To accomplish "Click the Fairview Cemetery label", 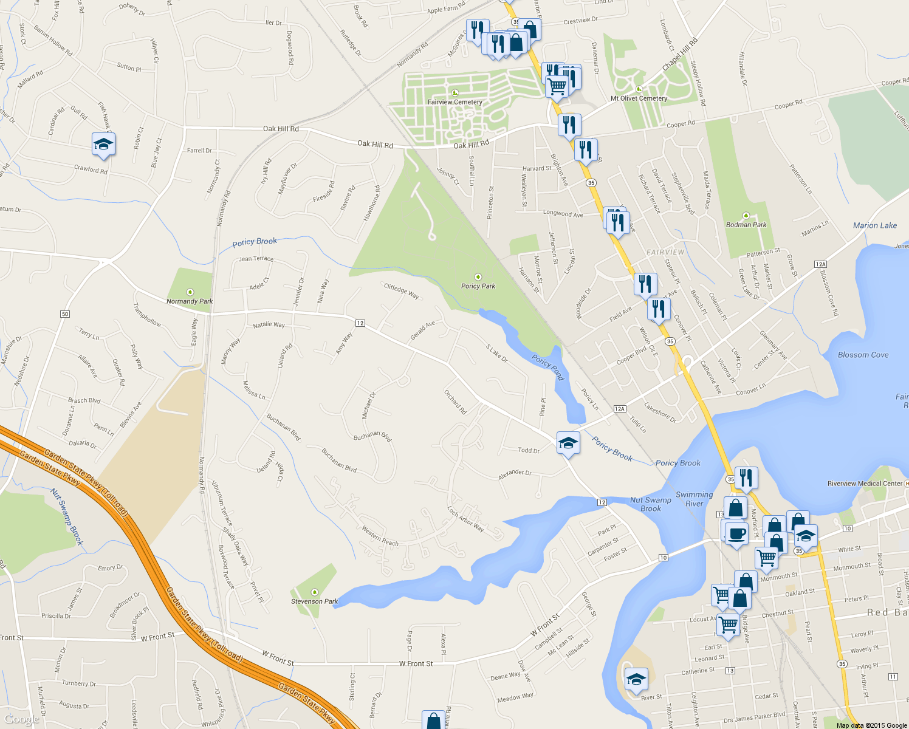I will (455, 102).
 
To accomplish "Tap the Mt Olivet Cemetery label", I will (639, 98).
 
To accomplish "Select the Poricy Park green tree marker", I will (478, 277).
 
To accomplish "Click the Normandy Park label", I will (190, 301).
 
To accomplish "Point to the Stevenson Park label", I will (314, 601).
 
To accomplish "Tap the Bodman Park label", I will (746, 225).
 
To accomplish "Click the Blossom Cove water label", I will (863, 355).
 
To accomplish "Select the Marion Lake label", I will (874, 225).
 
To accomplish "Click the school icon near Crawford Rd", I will (103, 144).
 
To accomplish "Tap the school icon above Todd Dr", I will (568, 443).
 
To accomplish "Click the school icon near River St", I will (636, 679).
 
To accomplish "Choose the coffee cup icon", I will (736, 533).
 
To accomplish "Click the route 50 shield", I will (65, 314).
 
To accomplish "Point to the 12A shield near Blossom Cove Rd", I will (820, 264).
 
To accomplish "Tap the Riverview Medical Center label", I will (865, 484).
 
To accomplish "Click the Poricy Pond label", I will (548, 366).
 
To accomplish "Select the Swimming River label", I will (694, 499).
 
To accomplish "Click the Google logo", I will (21, 719).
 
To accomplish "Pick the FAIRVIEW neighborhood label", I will (665, 252).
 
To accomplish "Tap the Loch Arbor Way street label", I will (465, 519).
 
